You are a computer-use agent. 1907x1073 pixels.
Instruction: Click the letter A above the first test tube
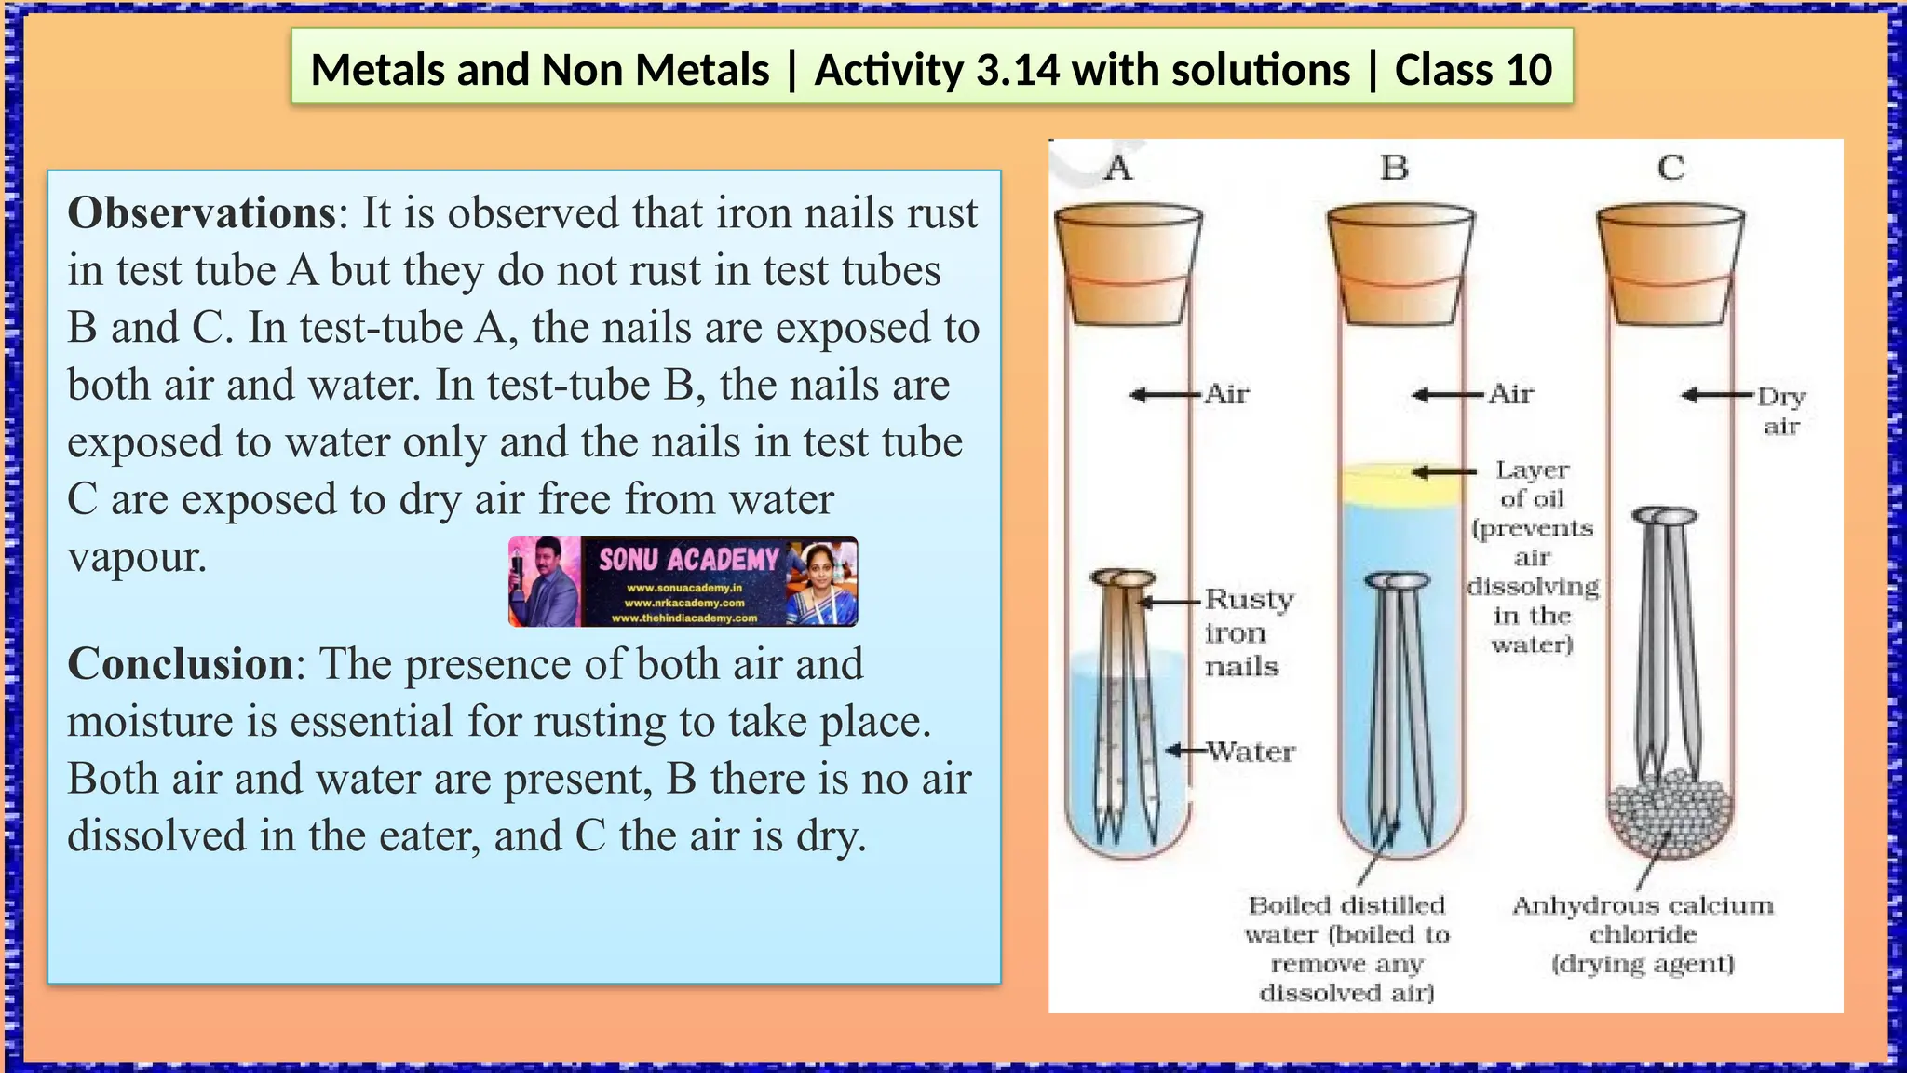[x=1118, y=169]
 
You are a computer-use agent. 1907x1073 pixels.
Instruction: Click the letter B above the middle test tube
[x=1394, y=169]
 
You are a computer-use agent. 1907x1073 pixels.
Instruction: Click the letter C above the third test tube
[x=1670, y=169]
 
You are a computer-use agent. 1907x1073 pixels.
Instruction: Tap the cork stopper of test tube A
[x=1128, y=265]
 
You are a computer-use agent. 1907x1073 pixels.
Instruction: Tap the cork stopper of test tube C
[x=1670, y=265]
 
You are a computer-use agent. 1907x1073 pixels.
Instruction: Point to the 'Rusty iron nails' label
[x=1248, y=632]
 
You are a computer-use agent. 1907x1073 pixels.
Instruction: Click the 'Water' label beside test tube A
[x=1251, y=752]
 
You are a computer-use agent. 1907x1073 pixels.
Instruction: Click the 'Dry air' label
[x=1781, y=411]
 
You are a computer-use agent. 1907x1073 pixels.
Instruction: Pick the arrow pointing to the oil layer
[x=1443, y=472]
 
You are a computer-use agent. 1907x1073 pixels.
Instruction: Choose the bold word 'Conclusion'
[x=181, y=664]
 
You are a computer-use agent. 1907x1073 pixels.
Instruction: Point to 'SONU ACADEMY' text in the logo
[x=688, y=559]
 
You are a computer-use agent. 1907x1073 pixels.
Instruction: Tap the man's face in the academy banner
[x=543, y=564]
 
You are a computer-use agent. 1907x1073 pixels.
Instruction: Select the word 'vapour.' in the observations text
[x=137, y=557]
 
